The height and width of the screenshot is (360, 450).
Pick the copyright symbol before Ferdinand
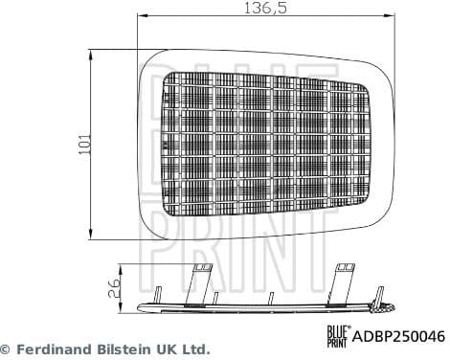coord(7,349)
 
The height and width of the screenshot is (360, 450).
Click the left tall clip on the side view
coord(200,284)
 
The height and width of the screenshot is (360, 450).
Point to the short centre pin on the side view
coord(272,297)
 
